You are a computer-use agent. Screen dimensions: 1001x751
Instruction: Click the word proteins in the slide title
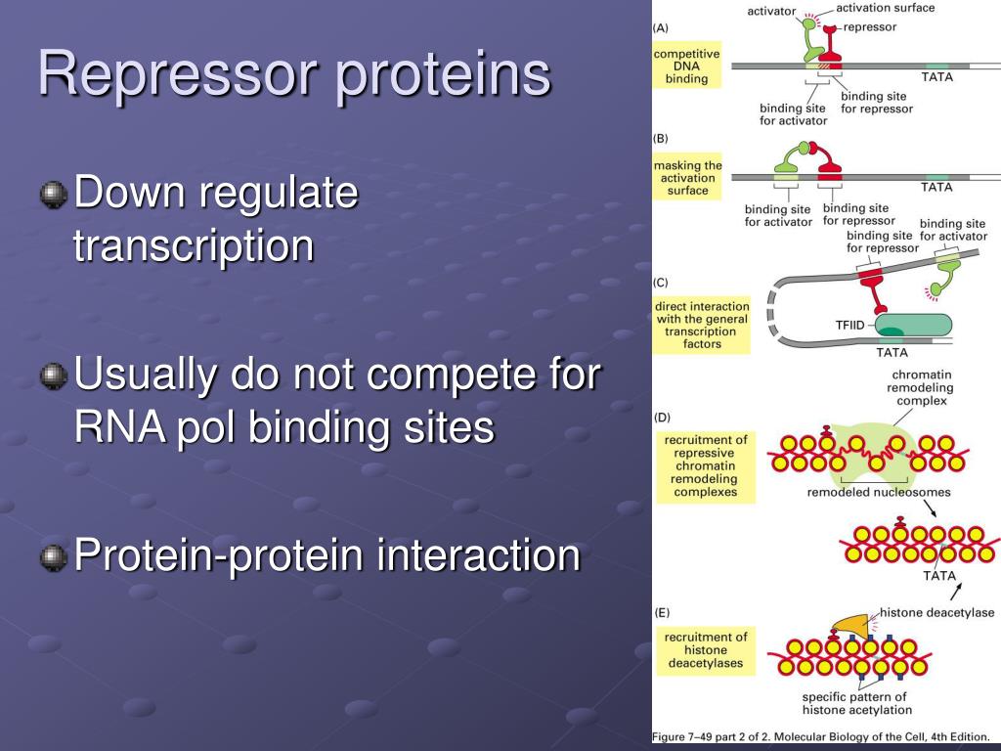click(443, 75)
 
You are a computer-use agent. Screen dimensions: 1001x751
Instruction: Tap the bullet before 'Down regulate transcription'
click(54, 195)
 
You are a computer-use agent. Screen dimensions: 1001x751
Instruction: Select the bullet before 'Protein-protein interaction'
click(54, 557)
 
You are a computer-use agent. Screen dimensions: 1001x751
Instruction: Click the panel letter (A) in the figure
click(660, 28)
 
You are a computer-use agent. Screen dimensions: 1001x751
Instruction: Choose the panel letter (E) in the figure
click(662, 613)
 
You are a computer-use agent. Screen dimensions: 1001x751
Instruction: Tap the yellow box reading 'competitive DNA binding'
click(686, 66)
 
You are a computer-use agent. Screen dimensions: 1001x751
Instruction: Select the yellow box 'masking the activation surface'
click(687, 177)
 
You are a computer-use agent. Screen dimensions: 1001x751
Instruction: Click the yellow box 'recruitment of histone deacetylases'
click(706, 650)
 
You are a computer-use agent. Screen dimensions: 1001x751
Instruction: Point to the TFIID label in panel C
click(849, 325)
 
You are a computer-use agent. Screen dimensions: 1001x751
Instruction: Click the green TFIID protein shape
click(914, 325)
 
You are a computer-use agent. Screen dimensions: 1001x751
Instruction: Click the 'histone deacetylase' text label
click(936, 612)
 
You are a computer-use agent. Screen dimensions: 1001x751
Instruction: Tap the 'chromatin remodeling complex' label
click(921, 387)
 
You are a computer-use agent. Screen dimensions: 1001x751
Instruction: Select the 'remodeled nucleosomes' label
click(879, 493)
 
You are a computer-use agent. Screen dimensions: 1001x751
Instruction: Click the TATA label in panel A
click(937, 77)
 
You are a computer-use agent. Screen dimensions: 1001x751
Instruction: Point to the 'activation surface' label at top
click(885, 8)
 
